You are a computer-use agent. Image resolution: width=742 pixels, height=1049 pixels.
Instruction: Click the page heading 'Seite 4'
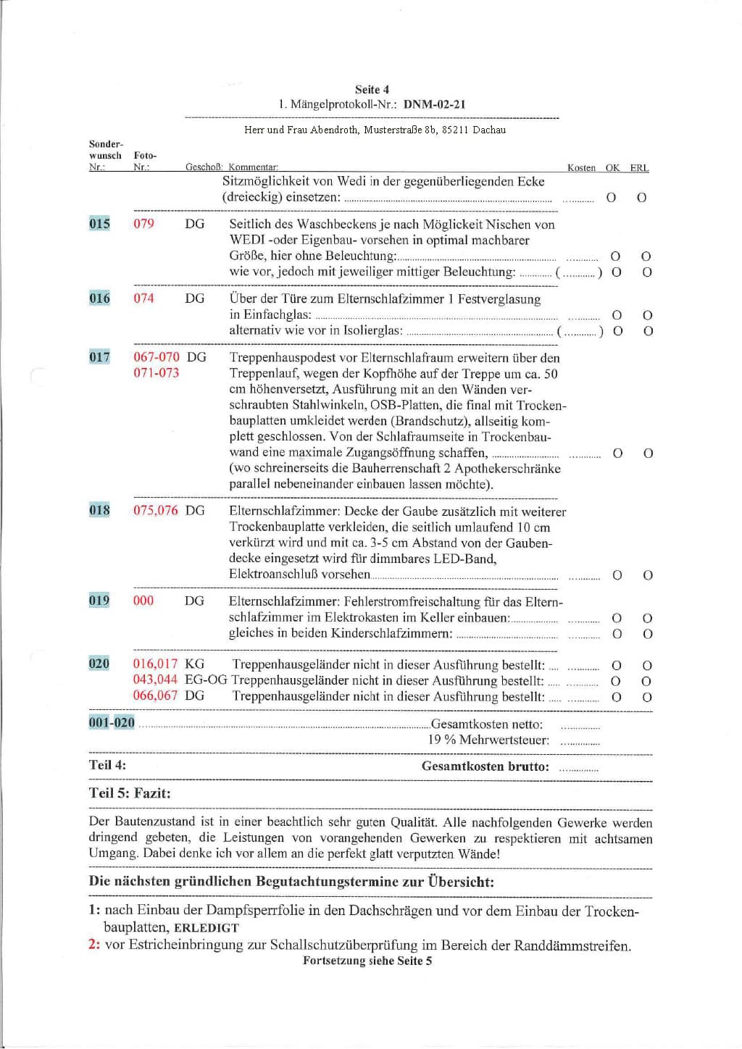(x=372, y=90)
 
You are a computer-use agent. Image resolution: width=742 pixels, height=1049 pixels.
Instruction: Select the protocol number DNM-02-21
(x=434, y=104)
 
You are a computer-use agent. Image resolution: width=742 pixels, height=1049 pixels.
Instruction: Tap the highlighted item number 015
(x=99, y=224)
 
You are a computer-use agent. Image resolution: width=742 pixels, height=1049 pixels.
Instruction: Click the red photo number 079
(x=143, y=224)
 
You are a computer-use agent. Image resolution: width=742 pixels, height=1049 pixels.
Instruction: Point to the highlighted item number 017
(x=99, y=357)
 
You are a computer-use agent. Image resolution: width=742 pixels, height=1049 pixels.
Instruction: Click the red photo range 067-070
(x=157, y=357)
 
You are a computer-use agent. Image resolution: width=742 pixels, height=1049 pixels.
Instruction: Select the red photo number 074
(x=143, y=298)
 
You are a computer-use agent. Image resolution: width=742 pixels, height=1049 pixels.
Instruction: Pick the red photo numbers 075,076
(x=155, y=510)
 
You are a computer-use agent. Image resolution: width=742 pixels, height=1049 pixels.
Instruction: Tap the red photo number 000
(x=143, y=601)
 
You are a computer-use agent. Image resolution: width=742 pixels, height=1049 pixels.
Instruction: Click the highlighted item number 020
(x=99, y=664)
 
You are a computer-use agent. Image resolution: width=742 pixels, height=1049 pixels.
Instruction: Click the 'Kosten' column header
(x=581, y=168)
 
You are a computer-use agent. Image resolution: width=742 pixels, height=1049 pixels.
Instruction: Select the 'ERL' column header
(x=639, y=168)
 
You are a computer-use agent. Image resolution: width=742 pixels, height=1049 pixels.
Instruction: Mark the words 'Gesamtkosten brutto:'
(x=485, y=766)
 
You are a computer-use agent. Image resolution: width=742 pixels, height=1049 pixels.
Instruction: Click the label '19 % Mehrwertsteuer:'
(x=488, y=740)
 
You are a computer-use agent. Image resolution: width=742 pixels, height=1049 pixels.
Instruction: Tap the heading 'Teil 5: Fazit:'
(x=130, y=793)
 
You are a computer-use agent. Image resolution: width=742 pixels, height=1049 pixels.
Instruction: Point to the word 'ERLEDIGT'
(x=207, y=928)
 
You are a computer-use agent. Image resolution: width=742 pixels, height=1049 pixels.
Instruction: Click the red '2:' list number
(x=94, y=945)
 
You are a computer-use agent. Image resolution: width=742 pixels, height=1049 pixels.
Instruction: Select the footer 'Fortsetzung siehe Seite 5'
(x=367, y=961)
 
